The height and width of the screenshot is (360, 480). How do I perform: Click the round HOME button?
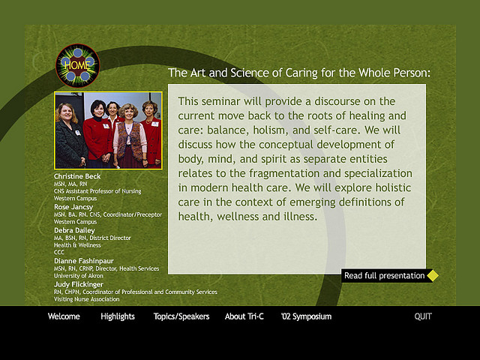pos(78,66)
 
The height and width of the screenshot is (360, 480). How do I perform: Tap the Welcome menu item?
pos(64,316)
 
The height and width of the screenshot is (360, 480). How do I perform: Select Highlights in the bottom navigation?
pos(118,316)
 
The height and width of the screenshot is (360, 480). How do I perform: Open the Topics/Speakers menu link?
pos(181,316)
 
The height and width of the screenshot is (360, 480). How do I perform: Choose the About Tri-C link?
pos(244,316)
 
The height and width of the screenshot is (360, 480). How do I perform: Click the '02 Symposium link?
pos(306,316)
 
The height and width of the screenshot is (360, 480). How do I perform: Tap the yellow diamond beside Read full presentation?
pos(433,275)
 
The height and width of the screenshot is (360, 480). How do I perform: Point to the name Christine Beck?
pos(77,176)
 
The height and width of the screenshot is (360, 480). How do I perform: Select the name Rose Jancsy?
pos(73,207)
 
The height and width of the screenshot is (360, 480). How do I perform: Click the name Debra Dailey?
pos(74,230)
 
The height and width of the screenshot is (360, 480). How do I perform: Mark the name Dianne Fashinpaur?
pos(84,261)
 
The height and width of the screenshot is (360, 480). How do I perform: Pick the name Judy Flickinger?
pos(79,284)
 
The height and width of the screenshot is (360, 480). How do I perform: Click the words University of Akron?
pos(79,276)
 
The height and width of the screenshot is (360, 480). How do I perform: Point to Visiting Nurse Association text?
pos(87,299)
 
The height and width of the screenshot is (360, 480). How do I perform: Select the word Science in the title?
pos(255,73)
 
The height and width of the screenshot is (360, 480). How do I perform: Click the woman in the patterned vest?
pos(130,136)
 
